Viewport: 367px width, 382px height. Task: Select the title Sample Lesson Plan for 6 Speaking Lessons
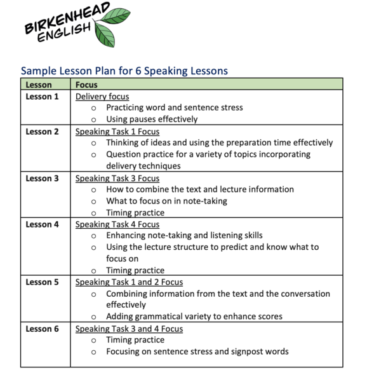124,71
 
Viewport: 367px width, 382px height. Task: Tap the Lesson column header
39,85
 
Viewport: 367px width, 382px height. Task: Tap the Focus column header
86,85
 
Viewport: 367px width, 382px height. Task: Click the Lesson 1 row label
42,97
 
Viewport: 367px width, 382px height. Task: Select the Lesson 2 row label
42,132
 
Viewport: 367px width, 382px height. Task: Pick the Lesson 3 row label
42,179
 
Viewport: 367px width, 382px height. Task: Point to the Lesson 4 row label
42,224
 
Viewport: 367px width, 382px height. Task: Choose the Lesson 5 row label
42,282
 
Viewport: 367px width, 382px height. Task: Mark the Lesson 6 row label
42,329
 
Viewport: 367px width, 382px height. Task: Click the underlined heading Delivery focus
102,97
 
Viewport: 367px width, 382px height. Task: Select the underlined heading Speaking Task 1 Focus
117,132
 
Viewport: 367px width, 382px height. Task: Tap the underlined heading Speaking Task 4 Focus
117,224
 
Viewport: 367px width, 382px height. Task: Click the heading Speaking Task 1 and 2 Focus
129,282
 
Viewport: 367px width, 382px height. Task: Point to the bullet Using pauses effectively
152,119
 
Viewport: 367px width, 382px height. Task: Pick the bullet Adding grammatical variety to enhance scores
194,317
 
